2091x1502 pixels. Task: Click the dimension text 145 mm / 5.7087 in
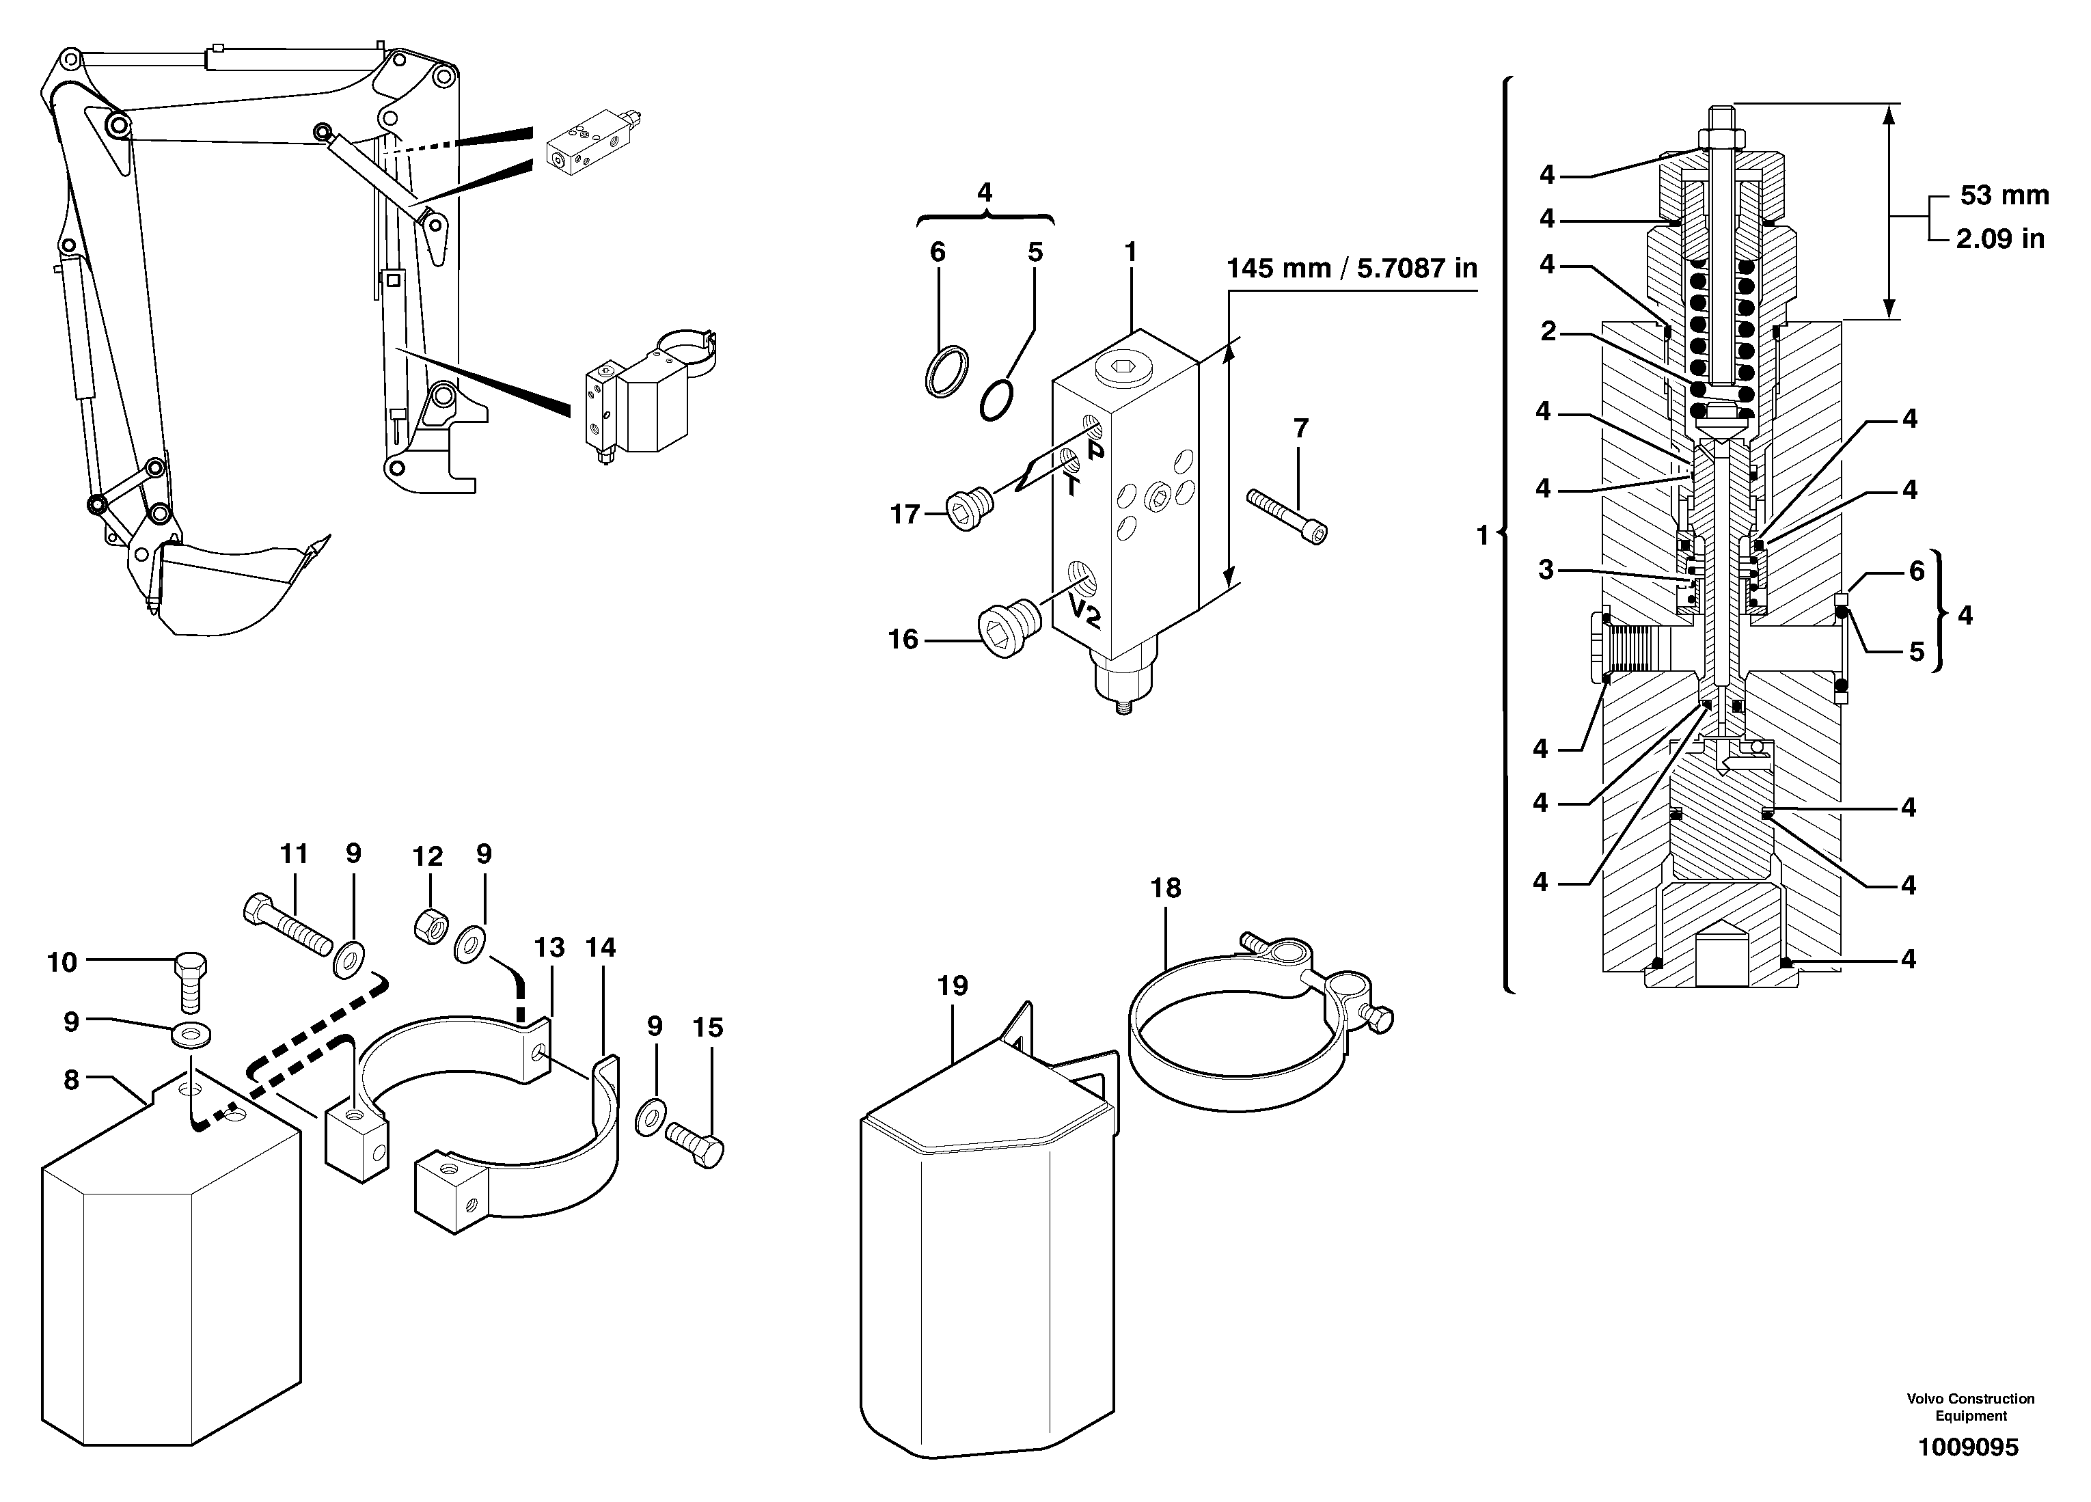click(x=1352, y=269)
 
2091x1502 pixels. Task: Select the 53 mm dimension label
click(x=2004, y=195)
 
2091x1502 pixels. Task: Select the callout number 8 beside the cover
click(x=71, y=1080)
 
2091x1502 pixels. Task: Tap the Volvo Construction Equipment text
click(x=1970, y=1407)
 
